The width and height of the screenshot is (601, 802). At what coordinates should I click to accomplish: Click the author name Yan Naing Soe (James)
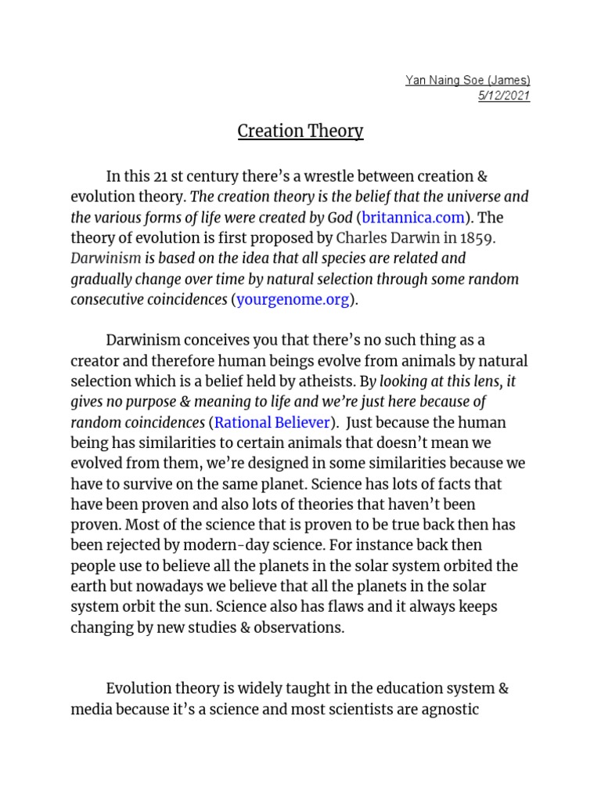[467, 80]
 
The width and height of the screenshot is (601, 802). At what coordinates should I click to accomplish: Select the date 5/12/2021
[503, 96]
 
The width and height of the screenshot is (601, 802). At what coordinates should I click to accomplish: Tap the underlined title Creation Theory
[300, 131]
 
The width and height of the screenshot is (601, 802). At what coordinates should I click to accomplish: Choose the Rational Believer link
[272, 422]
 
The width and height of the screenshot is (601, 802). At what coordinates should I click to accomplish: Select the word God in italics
[340, 218]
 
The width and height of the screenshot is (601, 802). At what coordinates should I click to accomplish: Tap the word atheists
[326, 381]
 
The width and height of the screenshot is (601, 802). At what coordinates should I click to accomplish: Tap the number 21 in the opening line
[167, 177]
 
